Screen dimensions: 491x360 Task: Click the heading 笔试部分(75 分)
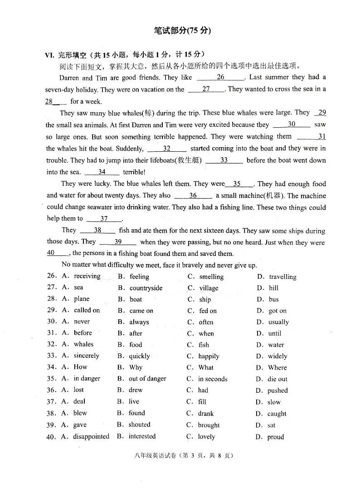click(x=182, y=31)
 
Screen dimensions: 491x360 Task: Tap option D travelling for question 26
click(x=282, y=277)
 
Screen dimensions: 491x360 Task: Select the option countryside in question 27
click(x=146, y=288)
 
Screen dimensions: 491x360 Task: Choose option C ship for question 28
click(x=205, y=299)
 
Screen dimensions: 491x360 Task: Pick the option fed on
click(x=208, y=311)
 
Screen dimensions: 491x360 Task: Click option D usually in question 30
click(x=278, y=322)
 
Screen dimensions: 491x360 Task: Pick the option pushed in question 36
click(x=277, y=390)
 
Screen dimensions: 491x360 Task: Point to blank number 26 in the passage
click(x=220, y=77)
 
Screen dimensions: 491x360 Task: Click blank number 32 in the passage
click(x=166, y=149)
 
